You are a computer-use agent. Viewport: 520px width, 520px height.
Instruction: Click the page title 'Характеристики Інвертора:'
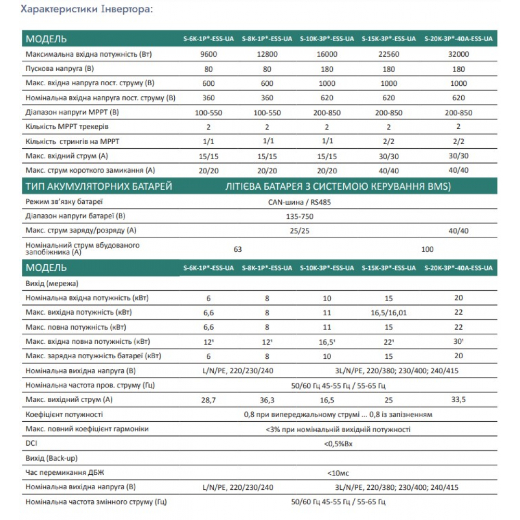click(x=87, y=10)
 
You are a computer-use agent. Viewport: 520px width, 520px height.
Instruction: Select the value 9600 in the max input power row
click(x=208, y=54)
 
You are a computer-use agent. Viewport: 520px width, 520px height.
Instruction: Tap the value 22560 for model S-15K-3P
click(x=388, y=54)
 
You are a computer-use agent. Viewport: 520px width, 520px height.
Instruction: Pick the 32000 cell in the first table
click(x=458, y=54)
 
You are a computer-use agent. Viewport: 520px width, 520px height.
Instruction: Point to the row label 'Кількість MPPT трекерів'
click(x=67, y=126)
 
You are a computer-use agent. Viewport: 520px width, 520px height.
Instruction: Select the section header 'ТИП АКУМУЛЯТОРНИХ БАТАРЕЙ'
click(x=98, y=187)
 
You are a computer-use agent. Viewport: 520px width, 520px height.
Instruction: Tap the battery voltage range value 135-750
click(x=300, y=216)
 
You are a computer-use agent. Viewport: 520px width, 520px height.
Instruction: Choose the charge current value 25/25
click(x=300, y=230)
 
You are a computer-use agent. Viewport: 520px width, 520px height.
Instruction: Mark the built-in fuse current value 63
click(x=238, y=249)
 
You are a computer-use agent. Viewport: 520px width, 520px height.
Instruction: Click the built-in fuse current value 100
click(x=427, y=249)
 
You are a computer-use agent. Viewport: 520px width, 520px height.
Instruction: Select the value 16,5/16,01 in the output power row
click(x=388, y=313)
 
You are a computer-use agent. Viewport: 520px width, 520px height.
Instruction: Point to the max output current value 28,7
click(x=208, y=400)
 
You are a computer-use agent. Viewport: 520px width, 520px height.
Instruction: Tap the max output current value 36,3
click(x=266, y=400)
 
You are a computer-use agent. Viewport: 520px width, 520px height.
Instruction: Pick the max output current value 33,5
click(x=458, y=400)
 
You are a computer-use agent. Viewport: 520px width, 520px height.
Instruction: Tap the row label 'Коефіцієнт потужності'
click(x=64, y=414)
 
